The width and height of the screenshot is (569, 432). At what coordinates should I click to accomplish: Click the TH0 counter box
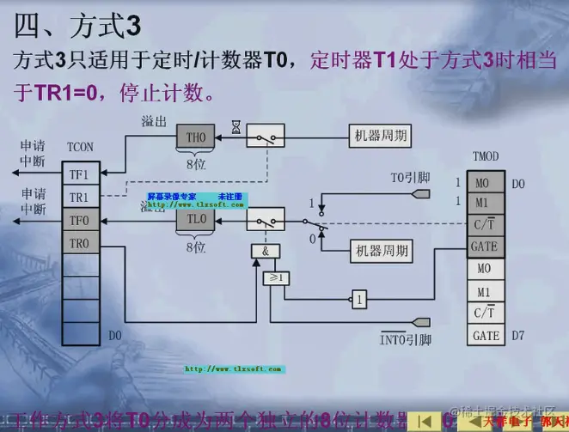coord(196,137)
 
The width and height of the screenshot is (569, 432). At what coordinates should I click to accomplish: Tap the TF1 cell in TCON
coord(79,174)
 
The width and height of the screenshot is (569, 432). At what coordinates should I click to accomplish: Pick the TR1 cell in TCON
coord(79,198)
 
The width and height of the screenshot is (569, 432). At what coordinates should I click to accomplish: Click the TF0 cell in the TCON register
coord(79,221)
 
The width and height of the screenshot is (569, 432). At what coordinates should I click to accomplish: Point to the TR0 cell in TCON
coord(79,244)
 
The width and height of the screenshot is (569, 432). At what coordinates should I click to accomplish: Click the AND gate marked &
coord(266,251)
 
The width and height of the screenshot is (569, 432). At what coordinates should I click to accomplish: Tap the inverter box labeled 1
coord(359,299)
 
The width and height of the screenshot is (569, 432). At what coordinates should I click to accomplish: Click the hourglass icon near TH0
coord(236,127)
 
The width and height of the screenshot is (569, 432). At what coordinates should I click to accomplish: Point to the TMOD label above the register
coord(486,157)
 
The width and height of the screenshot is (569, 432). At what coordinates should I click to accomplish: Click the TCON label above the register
coord(80,148)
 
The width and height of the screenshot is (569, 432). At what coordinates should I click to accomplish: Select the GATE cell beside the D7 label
coord(486,336)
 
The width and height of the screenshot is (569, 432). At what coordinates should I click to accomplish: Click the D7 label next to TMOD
coord(517,336)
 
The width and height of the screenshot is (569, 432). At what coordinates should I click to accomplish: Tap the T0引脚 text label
coord(404,179)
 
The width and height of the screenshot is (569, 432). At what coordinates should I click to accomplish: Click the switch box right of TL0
coord(265,220)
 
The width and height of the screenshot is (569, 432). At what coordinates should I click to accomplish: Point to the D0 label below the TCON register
coord(115,335)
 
